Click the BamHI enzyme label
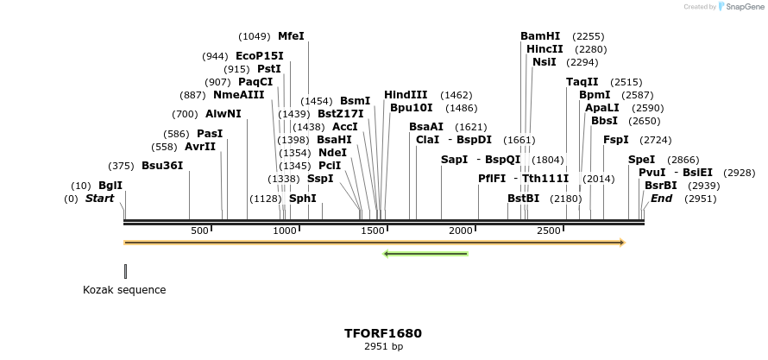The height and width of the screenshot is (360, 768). (x=540, y=36)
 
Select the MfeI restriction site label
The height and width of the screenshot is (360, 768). (x=291, y=36)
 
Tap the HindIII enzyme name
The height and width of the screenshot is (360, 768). (x=406, y=95)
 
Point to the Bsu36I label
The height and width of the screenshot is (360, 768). (x=162, y=166)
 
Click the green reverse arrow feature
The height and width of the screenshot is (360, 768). (x=425, y=254)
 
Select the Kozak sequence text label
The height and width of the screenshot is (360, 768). (x=124, y=290)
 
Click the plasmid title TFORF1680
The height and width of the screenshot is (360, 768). (x=383, y=333)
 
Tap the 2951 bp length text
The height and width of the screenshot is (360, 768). (x=383, y=347)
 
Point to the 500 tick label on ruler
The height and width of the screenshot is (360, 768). (x=199, y=231)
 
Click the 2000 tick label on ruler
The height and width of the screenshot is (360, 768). (x=462, y=231)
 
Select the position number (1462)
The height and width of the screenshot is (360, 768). (x=456, y=95)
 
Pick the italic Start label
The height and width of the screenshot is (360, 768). (x=99, y=199)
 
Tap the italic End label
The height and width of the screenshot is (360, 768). (x=661, y=199)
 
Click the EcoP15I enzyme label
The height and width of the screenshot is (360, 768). (x=259, y=56)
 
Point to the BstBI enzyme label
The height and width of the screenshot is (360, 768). (x=523, y=199)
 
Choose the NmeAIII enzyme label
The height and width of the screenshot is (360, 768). (x=239, y=95)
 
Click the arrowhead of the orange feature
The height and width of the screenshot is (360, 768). (x=620, y=243)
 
